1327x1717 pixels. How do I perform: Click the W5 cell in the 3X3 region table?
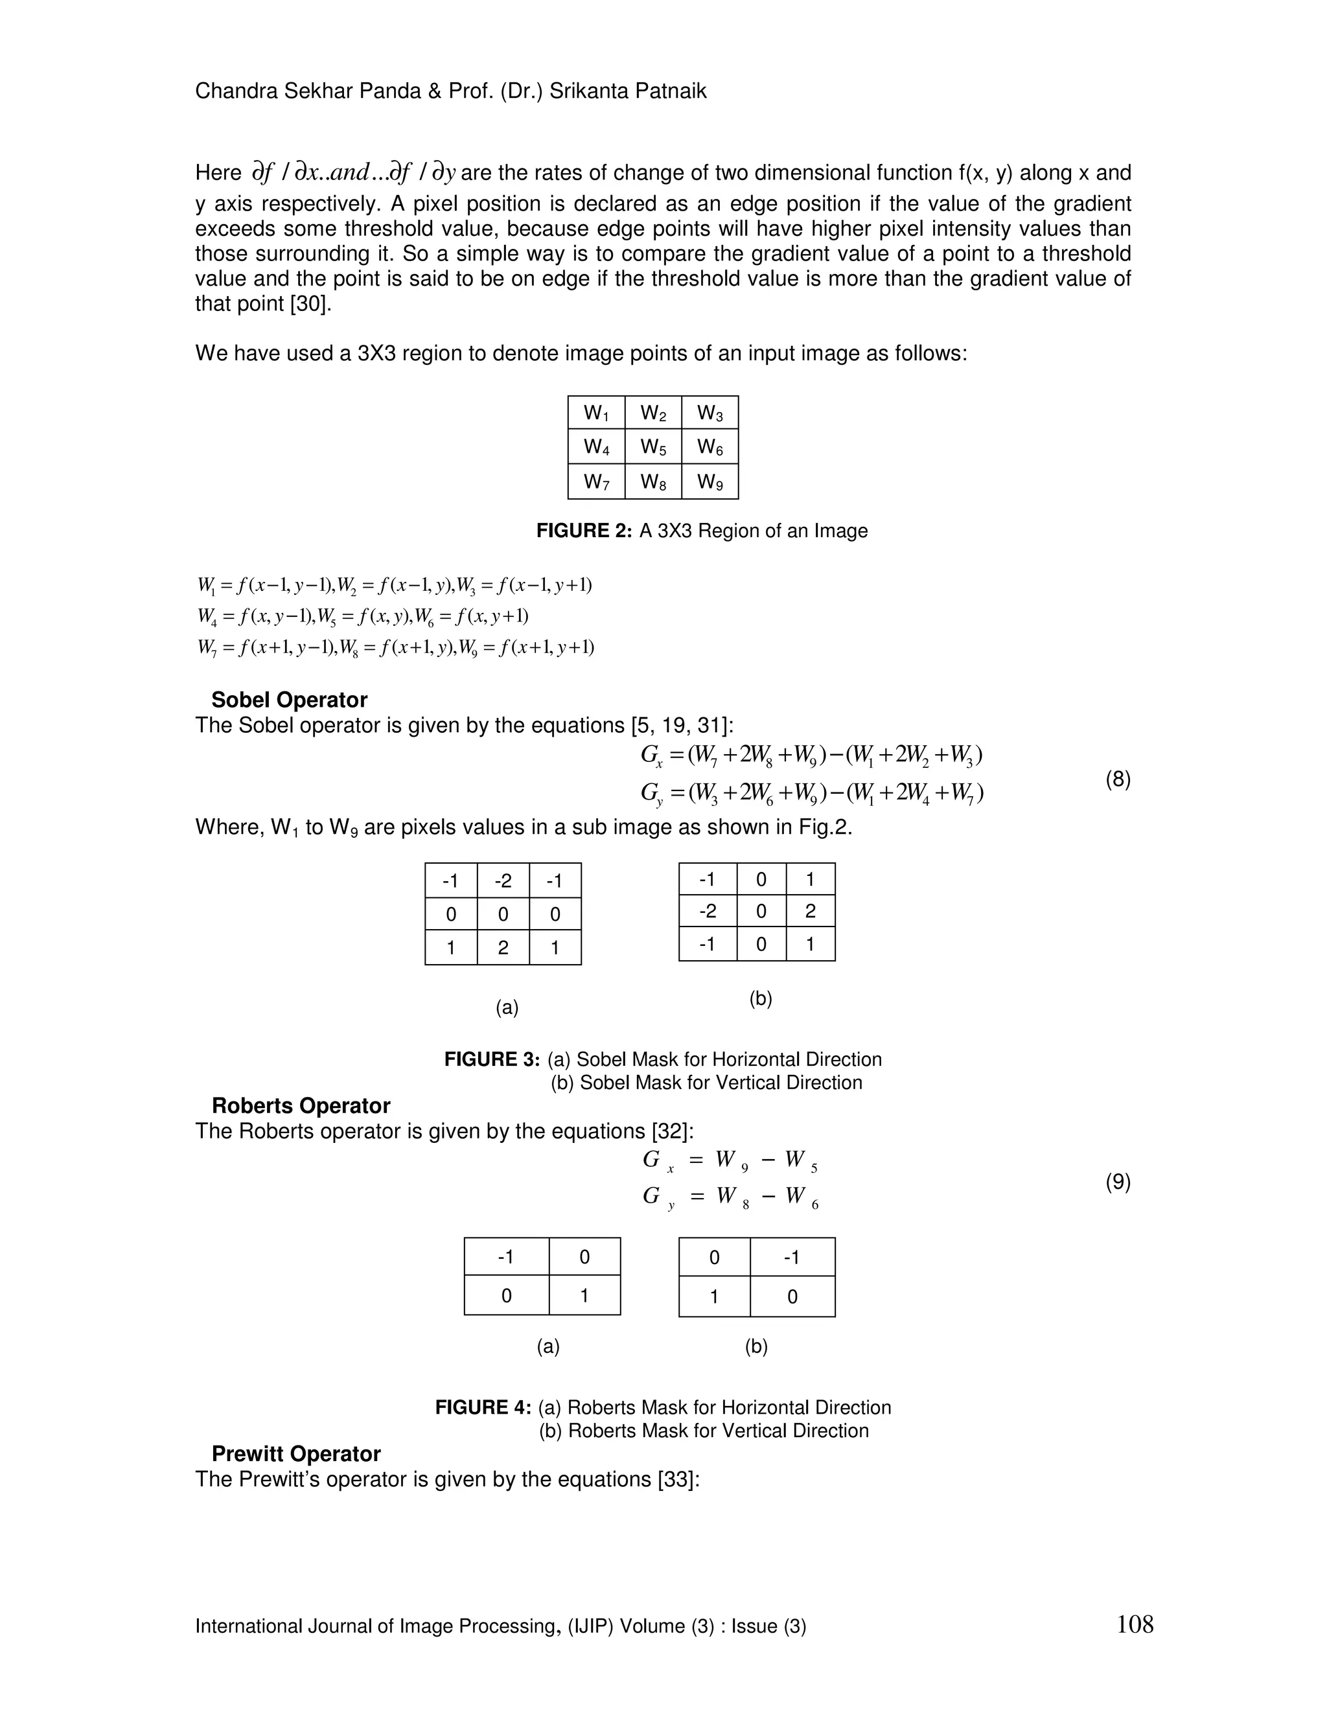[x=652, y=447]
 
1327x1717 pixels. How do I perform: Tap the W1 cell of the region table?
[x=596, y=413]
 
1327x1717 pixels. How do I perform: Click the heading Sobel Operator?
[x=289, y=700]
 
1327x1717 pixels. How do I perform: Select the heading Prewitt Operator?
[x=295, y=1454]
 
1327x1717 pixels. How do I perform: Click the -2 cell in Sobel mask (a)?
[x=503, y=881]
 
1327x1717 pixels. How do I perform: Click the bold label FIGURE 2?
[x=584, y=531]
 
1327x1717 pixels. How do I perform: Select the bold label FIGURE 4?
[x=483, y=1407]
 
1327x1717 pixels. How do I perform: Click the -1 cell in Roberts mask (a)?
[x=505, y=1257]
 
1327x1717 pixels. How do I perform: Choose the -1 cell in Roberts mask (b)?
[x=792, y=1257]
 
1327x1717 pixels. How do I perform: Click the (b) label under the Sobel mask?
[x=760, y=998]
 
